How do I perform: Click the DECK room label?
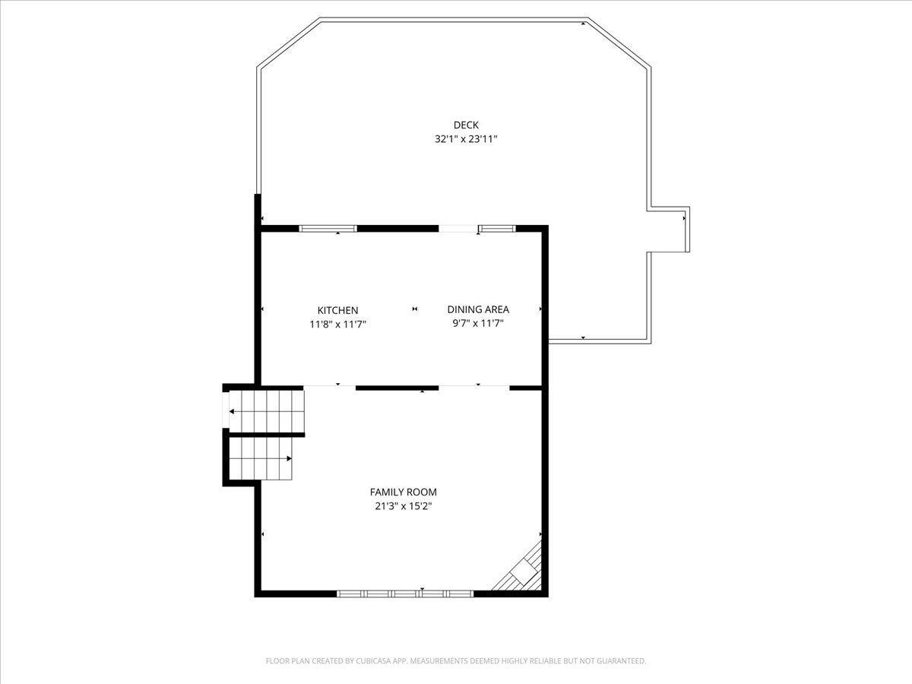click(466, 125)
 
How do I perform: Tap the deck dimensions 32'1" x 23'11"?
click(466, 139)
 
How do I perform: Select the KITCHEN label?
click(337, 310)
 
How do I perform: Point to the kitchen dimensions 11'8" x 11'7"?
click(337, 325)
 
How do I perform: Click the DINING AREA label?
click(478, 309)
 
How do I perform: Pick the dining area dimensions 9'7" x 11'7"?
click(478, 324)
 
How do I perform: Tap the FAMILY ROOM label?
click(403, 492)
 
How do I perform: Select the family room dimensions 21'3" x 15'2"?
click(403, 506)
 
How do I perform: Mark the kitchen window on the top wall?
click(328, 229)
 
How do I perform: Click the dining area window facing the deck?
click(497, 229)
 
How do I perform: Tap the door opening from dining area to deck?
click(458, 229)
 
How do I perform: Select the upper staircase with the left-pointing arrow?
click(267, 412)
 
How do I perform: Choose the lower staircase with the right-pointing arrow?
click(261, 459)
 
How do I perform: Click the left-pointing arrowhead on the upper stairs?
click(232, 412)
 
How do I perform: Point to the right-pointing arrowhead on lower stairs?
click(290, 459)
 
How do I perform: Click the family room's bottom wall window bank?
click(404, 594)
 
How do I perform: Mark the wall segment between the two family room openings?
click(397, 388)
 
